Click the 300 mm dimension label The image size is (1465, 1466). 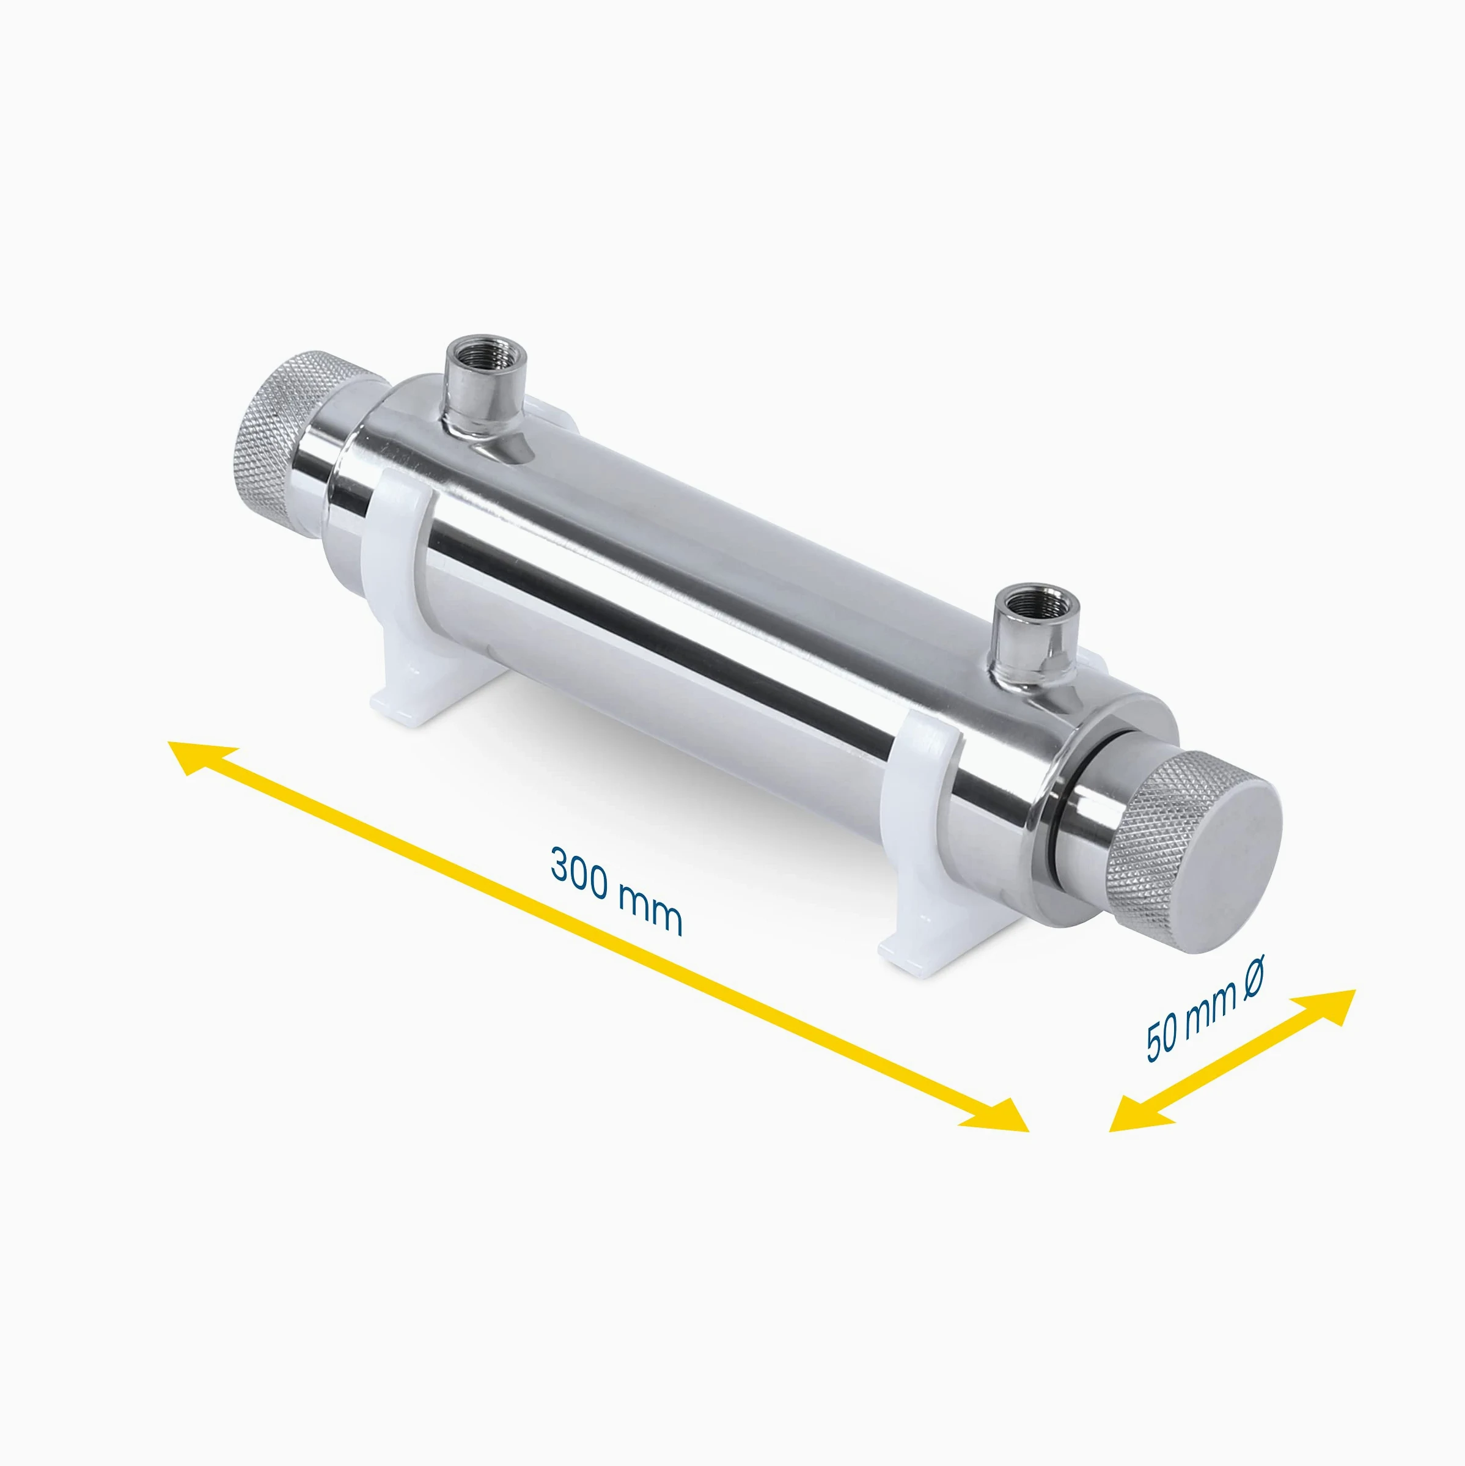616,891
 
